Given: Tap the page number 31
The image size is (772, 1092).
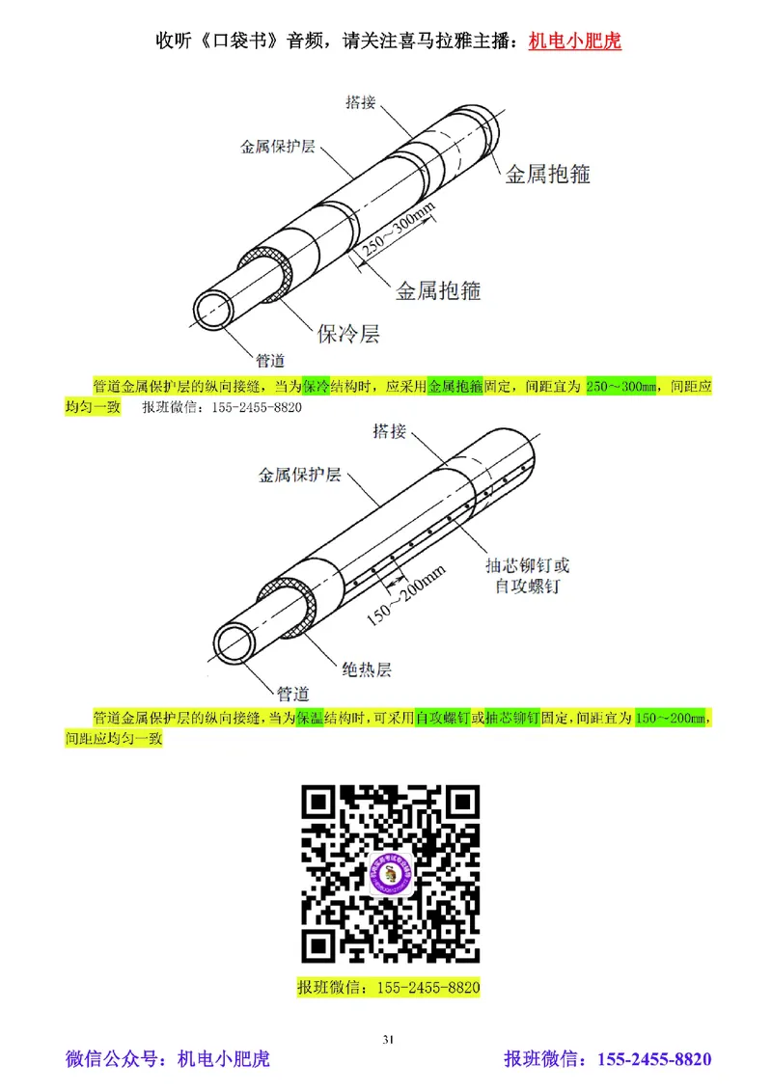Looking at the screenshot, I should point(388,1039).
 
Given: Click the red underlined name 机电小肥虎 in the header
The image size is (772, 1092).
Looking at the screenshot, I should point(575,41).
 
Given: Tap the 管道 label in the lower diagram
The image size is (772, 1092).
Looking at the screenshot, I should point(292,693).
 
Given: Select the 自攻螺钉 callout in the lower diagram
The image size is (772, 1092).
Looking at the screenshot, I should point(527,586).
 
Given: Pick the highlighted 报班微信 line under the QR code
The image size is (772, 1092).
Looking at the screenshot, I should point(389,987).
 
